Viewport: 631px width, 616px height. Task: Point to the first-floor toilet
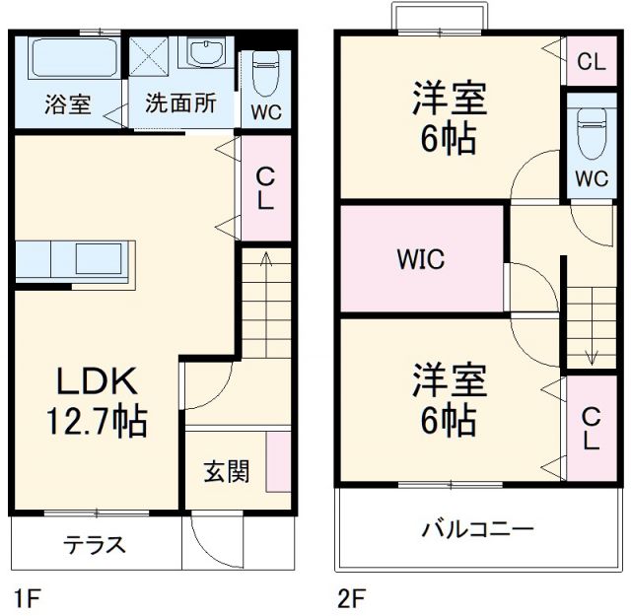pyautogui.click(x=266, y=71)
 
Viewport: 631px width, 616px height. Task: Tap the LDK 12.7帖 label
pyautogui.click(x=95, y=402)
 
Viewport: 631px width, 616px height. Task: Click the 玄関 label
pyautogui.click(x=226, y=472)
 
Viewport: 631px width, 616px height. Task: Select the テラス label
pyautogui.click(x=95, y=545)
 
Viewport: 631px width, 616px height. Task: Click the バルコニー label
pyautogui.click(x=478, y=529)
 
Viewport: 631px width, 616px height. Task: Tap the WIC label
pyautogui.click(x=421, y=260)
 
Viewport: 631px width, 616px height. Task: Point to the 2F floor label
pyautogui.click(x=351, y=597)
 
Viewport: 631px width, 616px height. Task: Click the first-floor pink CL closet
pyautogui.click(x=266, y=188)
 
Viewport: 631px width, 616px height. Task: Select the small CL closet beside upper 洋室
pyautogui.click(x=591, y=61)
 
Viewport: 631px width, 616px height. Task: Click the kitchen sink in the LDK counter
pyautogui.click(x=99, y=259)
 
